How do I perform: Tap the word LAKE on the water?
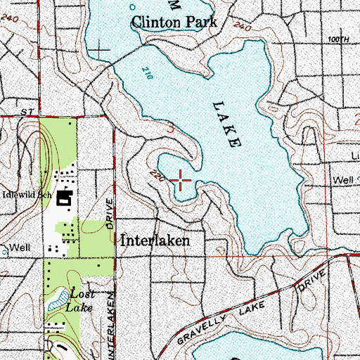[x=226, y=123]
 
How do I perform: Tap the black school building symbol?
[x=67, y=200]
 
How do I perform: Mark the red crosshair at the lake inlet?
[x=181, y=181]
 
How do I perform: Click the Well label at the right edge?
[x=343, y=180]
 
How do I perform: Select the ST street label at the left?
[x=27, y=112]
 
